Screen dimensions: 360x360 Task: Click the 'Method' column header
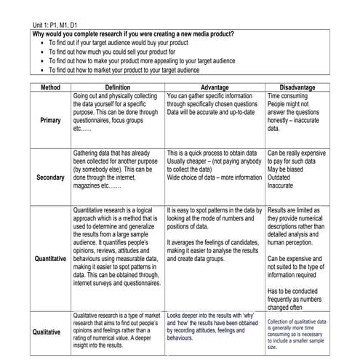[x=50, y=87]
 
